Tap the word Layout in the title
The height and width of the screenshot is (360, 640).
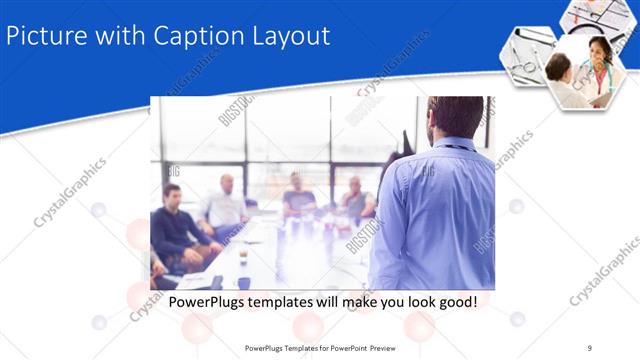point(290,36)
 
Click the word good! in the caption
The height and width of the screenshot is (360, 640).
point(455,300)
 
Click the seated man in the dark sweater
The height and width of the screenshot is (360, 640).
point(177,225)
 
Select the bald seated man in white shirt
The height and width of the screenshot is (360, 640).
point(225,205)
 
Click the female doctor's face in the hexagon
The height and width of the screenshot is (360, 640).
point(597,50)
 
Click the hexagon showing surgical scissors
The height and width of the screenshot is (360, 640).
point(525,57)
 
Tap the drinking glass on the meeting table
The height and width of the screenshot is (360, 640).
point(243,256)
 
